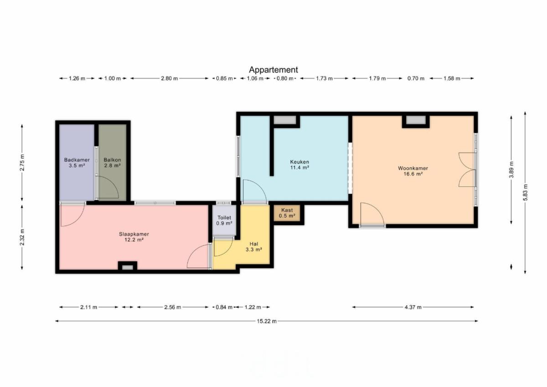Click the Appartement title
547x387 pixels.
(273, 70)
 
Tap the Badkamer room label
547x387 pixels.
(77, 163)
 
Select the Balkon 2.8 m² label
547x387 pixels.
(112, 163)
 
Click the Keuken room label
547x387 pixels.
(299, 165)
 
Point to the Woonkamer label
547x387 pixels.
(413, 171)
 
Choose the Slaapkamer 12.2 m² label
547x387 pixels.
(134, 237)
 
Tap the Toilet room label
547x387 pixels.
(224, 220)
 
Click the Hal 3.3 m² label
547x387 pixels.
(254, 247)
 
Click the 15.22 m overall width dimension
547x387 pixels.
(267, 321)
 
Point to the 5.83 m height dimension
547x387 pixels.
(525, 192)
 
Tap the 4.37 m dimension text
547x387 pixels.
(413, 307)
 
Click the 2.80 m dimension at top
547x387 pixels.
(169, 78)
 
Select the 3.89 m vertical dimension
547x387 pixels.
(511, 170)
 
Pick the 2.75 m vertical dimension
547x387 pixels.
(22, 163)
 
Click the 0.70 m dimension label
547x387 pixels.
(416, 78)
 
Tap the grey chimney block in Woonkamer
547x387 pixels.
(416, 119)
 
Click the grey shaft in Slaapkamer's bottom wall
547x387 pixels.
(128, 268)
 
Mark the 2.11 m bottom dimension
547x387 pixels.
(88, 307)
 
